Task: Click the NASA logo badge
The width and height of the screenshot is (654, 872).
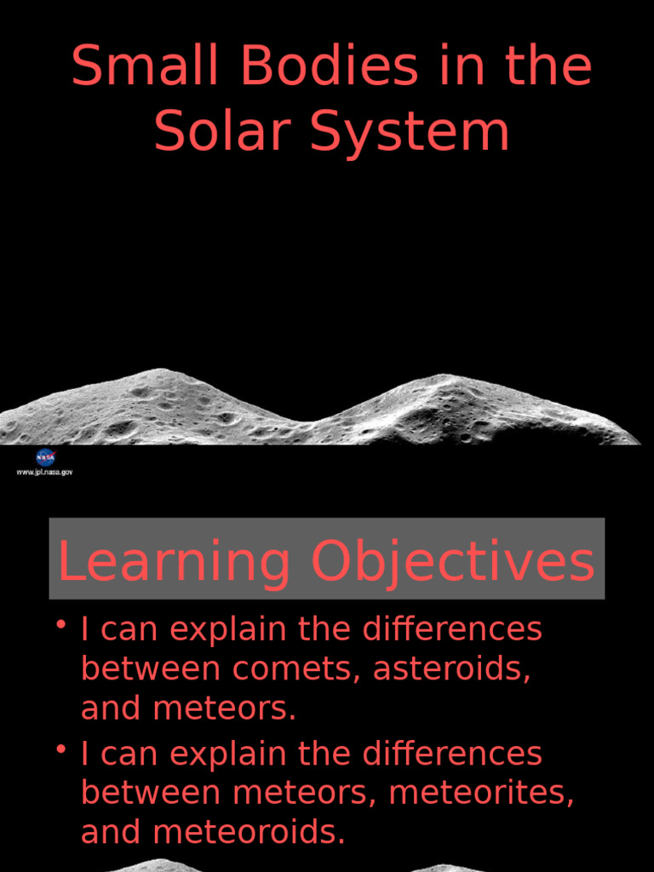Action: (x=45, y=457)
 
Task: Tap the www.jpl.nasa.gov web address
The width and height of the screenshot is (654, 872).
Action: (x=45, y=473)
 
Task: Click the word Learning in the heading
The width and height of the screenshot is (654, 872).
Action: (x=174, y=563)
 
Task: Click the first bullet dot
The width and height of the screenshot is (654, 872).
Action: (x=61, y=627)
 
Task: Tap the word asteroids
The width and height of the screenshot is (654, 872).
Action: (x=451, y=670)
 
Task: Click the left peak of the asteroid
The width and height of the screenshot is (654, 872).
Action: (x=160, y=372)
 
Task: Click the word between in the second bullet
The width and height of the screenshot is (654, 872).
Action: (x=152, y=794)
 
